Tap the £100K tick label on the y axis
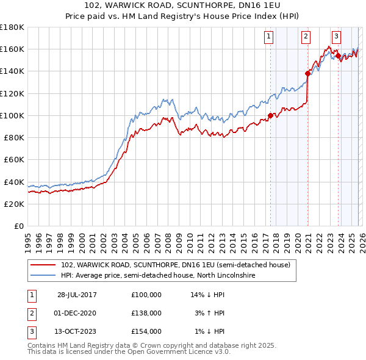pyautogui.click(x=12, y=115)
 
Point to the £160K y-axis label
pyautogui.click(x=12, y=49)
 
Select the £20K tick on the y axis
pyautogui.click(x=14, y=204)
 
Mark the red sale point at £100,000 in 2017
pyautogui.click(x=270, y=115)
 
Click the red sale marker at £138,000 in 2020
pyautogui.click(x=307, y=73)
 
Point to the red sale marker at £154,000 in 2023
pyautogui.click(x=338, y=56)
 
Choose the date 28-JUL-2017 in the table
pyautogui.click(x=77, y=295)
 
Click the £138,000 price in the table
pyautogui.click(x=146, y=313)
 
